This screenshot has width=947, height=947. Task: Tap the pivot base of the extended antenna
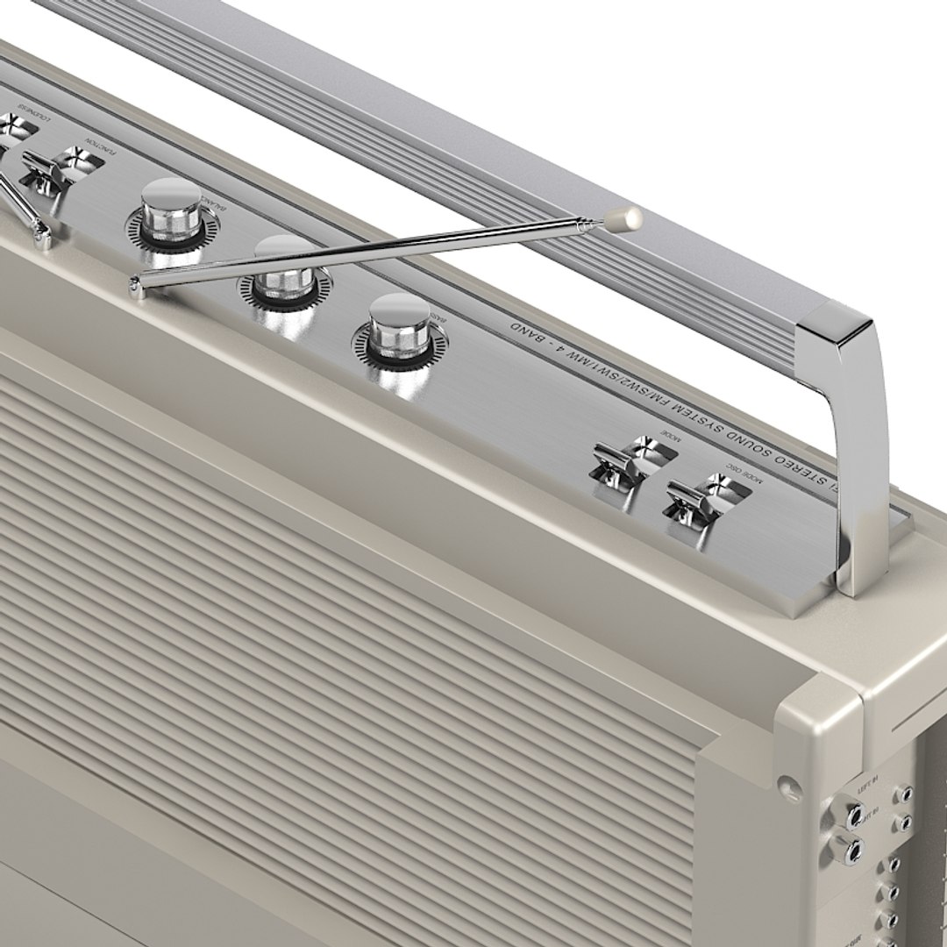click(137, 286)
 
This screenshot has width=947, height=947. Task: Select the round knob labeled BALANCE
click(170, 213)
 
